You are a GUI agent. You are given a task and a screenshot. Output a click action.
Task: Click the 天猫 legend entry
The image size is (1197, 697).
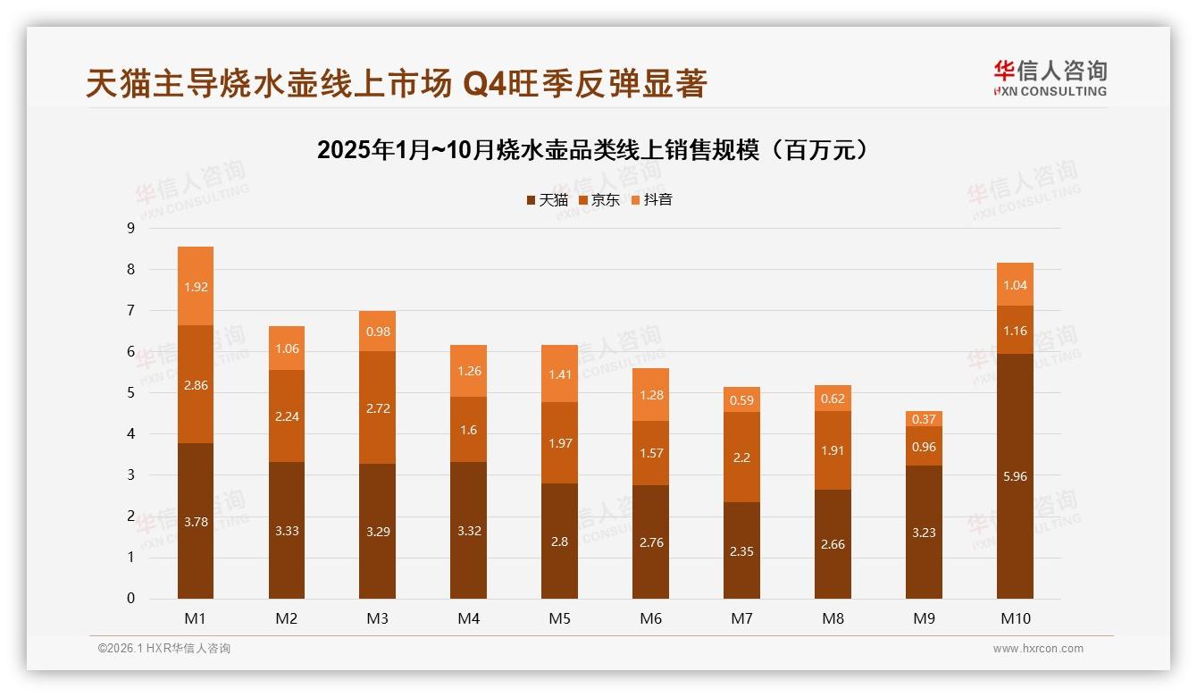click(x=547, y=200)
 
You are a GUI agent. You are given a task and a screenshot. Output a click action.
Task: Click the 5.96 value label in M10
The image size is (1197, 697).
click(x=1015, y=476)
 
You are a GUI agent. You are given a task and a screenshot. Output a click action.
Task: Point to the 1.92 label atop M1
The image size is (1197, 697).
click(x=196, y=287)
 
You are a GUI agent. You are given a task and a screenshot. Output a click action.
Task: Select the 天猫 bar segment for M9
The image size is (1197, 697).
click(x=924, y=532)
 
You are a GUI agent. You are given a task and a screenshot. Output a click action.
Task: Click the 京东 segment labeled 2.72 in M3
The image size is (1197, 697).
click(x=377, y=407)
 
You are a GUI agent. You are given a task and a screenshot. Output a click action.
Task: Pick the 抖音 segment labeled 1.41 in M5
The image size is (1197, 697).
click(x=559, y=374)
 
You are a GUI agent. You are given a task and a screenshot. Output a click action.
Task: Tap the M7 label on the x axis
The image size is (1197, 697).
click(x=741, y=618)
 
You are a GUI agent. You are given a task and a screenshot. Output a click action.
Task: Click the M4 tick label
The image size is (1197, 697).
click(x=468, y=618)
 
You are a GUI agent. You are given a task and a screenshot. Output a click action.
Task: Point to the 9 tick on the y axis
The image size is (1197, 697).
click(x=131, y=228)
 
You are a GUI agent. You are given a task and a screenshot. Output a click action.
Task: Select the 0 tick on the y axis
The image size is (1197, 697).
click(x=131, y=599)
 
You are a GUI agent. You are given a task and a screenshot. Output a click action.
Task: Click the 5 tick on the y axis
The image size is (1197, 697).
click(x=131, y=392)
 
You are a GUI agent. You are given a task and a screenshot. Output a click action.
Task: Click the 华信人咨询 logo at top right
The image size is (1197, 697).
click(x=1050, y=78)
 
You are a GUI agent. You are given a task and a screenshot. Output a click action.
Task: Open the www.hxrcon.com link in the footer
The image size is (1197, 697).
click(x=1038, y=649)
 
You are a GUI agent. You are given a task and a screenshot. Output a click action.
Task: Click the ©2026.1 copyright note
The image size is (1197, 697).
click(x=164, y=649)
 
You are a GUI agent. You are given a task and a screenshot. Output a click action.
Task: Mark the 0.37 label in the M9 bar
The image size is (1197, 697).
click(x=924, y=419)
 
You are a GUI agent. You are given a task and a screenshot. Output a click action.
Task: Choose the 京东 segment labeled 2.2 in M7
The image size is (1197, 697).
click(x=741, y=457)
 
